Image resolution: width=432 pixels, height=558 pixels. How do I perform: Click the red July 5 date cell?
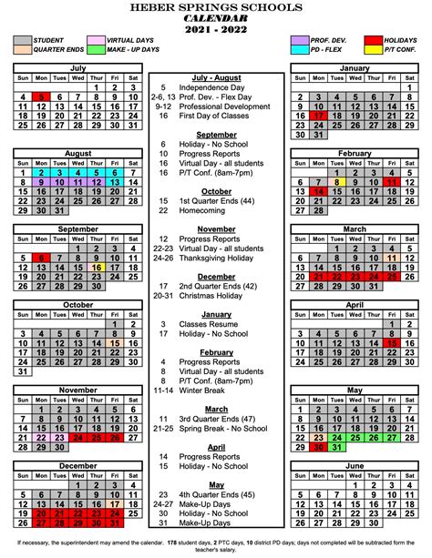coord(40,97)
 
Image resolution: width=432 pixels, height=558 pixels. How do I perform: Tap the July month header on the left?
coord(77,68)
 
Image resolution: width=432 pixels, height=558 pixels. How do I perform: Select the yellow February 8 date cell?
coord(336,182)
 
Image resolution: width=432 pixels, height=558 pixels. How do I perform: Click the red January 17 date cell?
coord(318,117)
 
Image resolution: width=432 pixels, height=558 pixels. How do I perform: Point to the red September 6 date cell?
coord(40,258)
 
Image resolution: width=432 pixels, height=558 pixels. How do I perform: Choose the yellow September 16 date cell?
coord(97,269)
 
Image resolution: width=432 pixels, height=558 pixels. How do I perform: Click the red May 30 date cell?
coord(318,447)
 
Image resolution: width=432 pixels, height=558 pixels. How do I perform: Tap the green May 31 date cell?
coord(336,447)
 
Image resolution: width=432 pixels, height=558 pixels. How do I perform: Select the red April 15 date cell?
coord(393,343)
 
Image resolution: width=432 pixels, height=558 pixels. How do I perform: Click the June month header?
coord(355,465)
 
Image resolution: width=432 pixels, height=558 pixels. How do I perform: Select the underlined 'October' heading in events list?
coord(217,191)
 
